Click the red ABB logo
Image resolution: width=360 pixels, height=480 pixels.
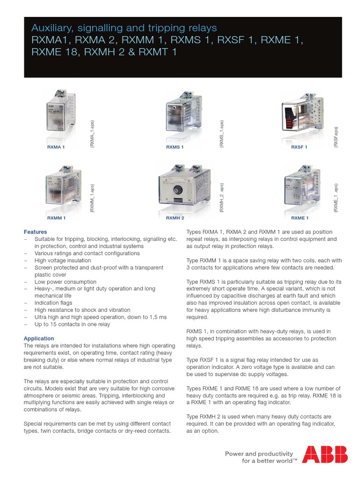tap(325, 454)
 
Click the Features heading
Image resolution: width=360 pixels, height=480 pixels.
tap(36, 232)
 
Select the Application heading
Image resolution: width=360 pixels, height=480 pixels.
tap(39, 338)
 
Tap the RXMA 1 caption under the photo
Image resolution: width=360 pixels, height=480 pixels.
tap(56, 147)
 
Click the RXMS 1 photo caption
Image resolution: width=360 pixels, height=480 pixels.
tap(175, 147)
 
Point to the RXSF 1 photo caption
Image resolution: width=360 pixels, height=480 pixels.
tap(299, 147)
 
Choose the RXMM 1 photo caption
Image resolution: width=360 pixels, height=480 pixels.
tap(56, 218)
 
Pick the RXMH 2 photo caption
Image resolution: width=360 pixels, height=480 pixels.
tap(175, 218)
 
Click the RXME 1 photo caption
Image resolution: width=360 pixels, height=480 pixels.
tap(300, 218)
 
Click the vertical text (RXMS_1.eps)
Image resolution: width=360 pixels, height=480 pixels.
tap(222, 134)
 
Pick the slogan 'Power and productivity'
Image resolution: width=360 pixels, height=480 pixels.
tap(259, 453)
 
